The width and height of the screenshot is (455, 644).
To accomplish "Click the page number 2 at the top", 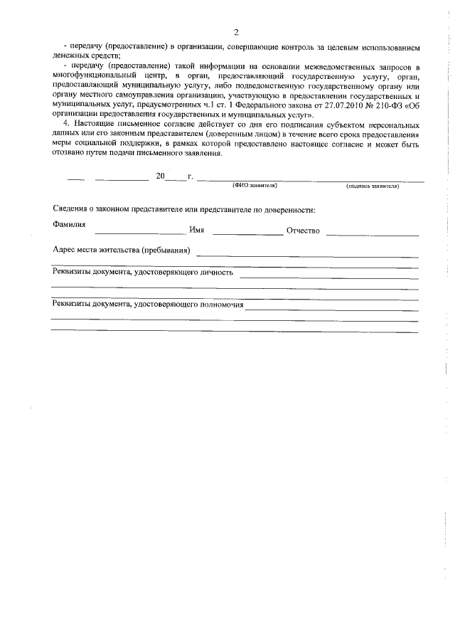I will click(235, 33).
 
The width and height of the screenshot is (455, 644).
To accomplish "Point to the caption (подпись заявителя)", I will click(373, 186).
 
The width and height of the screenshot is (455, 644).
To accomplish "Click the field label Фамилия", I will click(70, 224).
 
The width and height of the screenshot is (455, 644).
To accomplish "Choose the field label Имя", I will click(197, 231).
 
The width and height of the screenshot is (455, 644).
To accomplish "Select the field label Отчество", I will click(304, 231).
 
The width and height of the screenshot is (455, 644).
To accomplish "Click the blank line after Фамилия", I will click(139, 233).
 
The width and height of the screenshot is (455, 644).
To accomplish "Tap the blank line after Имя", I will click(247, 233).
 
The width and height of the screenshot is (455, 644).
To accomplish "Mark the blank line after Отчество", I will click(373, 233).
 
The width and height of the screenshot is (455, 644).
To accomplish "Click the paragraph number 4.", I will click(65, 125).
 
